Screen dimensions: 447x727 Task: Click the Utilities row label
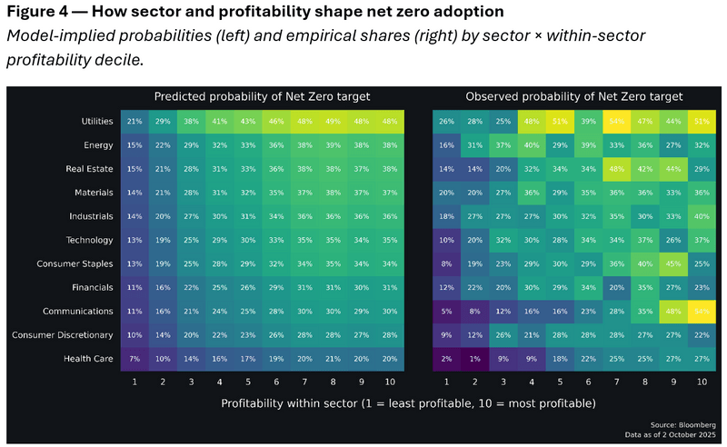click(95, 121)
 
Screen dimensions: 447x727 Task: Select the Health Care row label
click(89, 358)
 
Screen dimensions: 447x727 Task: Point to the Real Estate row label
click(90, 168)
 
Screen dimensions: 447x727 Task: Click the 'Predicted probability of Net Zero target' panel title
click(262, 96)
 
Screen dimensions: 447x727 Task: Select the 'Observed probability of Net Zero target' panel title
click(574, 96)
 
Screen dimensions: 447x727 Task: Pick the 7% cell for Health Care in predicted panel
click(134, 358)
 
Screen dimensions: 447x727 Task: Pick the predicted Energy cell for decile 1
click(134, 144)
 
